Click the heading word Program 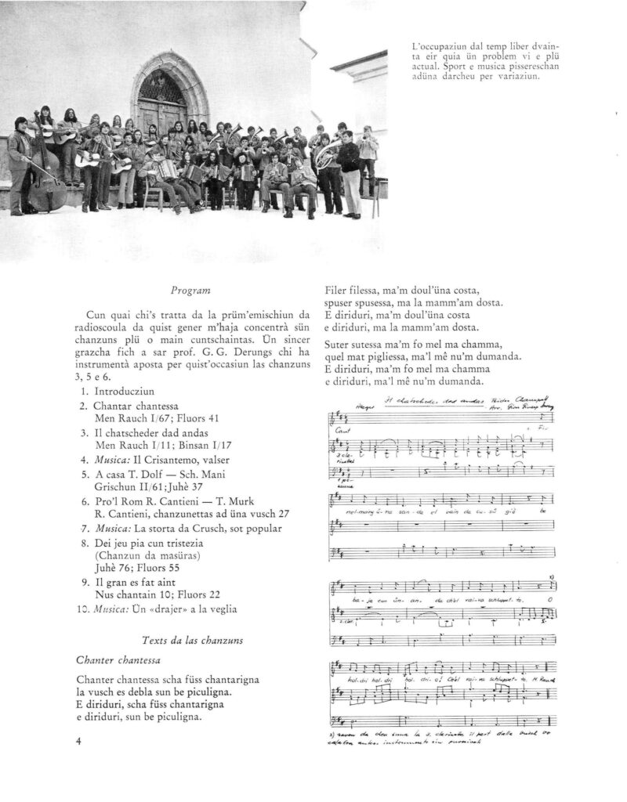pyautogui.click(x=187, y=291)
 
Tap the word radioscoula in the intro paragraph pyautogui.click(x=103, y=325)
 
